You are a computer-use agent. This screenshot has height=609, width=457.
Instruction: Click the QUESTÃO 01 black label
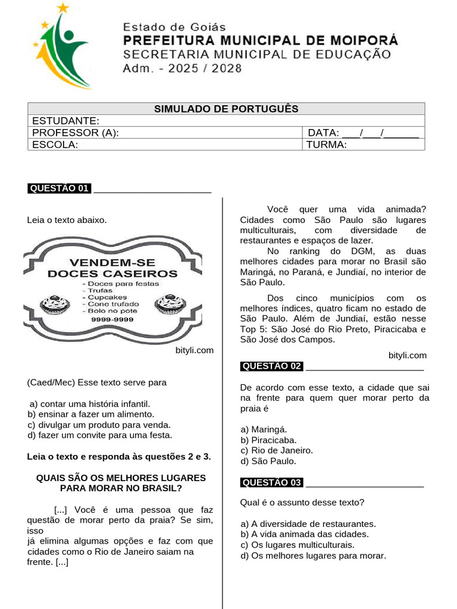59,189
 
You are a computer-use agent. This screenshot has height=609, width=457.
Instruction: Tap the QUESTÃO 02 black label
272,366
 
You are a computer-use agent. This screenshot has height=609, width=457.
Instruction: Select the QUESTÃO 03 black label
272,482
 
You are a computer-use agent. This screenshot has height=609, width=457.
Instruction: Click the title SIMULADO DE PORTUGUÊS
226,109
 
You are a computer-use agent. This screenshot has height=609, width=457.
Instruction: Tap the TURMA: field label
326,145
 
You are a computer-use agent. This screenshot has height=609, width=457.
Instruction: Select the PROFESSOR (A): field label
76,133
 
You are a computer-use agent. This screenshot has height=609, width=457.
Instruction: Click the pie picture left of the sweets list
55,305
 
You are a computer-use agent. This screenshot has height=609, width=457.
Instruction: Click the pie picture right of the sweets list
170,305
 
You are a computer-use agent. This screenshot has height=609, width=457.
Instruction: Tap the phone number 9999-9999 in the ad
112,319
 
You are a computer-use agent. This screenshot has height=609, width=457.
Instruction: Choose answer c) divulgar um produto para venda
99,425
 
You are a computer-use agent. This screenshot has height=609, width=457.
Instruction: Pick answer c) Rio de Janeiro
277,450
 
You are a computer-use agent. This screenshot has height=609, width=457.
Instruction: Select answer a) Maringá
264,429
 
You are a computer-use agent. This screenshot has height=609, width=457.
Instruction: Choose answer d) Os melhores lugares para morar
314,556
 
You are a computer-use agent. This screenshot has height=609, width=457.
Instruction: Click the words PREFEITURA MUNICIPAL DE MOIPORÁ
260,41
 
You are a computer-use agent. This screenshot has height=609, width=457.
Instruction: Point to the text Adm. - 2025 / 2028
182,68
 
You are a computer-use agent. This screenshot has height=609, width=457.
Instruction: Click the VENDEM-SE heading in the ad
112,262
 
